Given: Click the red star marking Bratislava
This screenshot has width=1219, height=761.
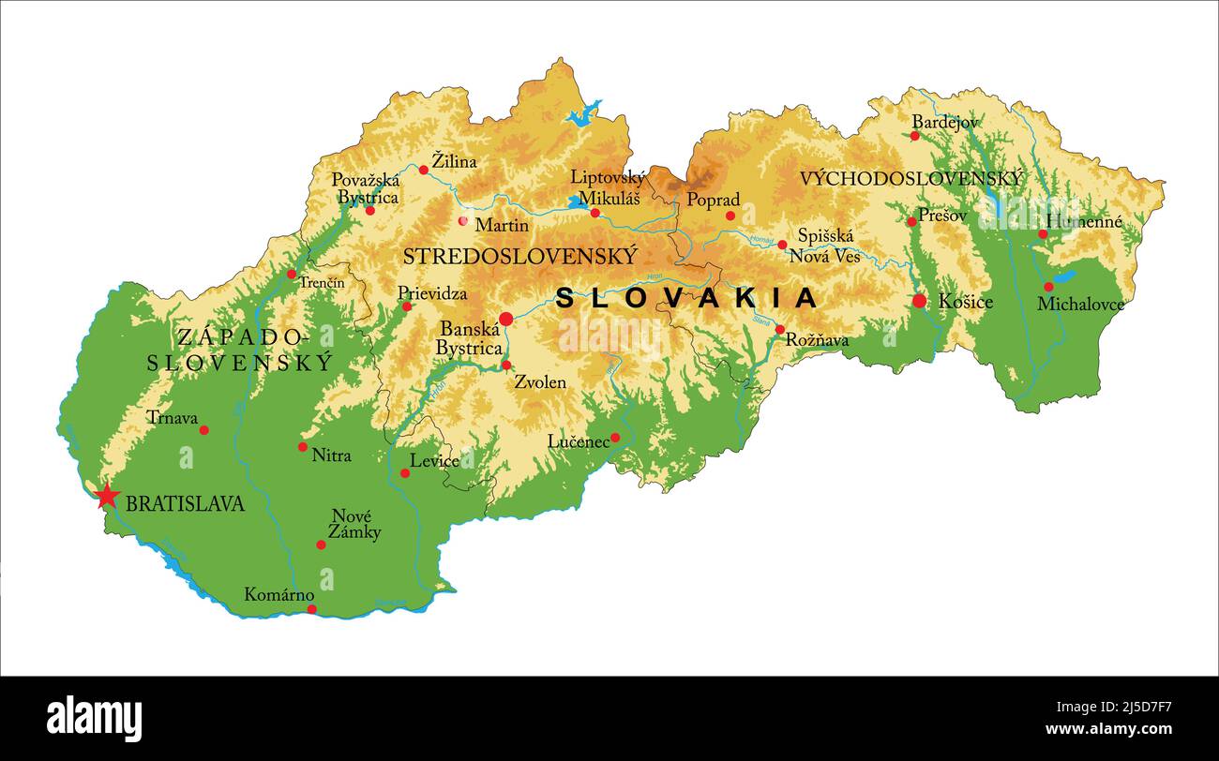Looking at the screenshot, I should pos(107,496).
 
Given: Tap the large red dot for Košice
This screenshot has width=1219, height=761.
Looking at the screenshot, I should pos(919,301).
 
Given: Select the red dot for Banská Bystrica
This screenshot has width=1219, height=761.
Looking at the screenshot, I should pos(506,320).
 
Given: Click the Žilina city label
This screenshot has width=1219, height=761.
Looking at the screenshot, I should pos(454,161).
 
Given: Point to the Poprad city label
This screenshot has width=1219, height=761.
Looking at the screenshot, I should pos(713,200).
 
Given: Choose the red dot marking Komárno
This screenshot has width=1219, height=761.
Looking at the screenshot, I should pos(312,609).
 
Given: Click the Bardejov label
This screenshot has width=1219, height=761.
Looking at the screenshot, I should pos(945,122).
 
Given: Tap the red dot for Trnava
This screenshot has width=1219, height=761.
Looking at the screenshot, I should pos(204,430).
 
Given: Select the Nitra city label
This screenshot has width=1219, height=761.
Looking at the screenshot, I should pos(331,455).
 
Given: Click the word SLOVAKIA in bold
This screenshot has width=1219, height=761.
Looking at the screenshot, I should pos(686,298).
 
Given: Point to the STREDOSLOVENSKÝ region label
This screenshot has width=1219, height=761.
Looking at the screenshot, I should pos(519,256).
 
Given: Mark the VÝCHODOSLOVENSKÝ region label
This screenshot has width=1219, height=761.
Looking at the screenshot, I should pos(911,178).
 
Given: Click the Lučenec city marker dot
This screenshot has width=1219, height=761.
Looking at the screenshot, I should pos(615,438).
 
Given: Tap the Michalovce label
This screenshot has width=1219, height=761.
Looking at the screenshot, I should pos(1080,304).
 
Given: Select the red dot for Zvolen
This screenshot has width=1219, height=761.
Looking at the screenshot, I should pos(506,366).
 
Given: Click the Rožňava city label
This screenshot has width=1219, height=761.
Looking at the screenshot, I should pos(817,340).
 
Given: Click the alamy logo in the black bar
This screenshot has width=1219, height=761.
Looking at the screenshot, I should pos(95,719).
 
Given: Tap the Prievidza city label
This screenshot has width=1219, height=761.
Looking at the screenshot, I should pos(432,293).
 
